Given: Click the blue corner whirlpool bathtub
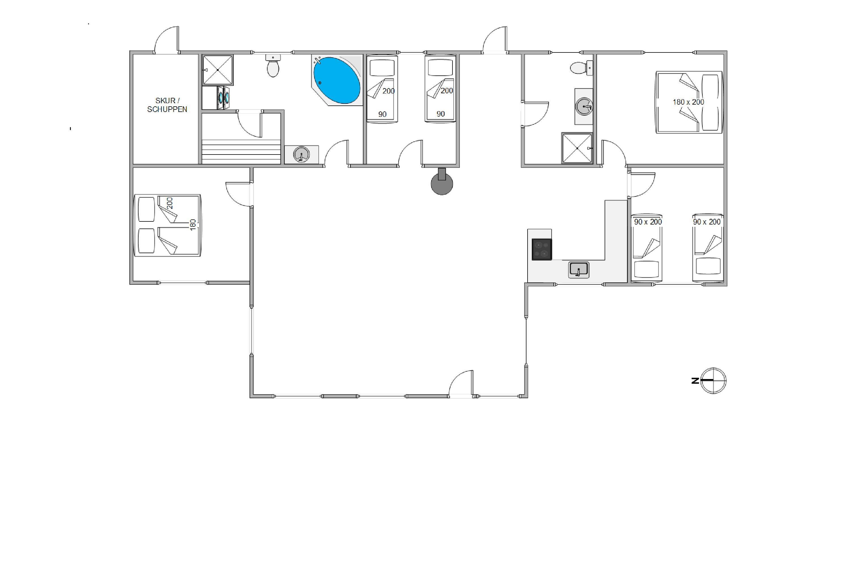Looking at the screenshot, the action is (x=337, y=80).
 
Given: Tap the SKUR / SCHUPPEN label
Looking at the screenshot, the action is (x=167, y=105).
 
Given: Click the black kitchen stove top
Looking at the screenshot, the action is (x=542, y=249).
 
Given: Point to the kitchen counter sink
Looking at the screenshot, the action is (x=579, y=270).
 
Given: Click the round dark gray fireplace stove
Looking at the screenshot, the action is (x=442, y=182).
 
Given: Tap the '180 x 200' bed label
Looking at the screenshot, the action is (x=688, y=102).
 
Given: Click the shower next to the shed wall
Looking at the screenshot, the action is (x=218, y=70).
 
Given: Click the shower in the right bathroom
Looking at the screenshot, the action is (x=577, y=148).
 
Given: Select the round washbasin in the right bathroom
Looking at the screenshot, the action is (x=584, y=107).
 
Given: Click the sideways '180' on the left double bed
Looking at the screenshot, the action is (x=193, y=224).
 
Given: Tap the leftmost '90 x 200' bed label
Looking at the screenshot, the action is (x=648, y=222).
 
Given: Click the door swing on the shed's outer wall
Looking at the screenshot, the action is (x=167, y=40).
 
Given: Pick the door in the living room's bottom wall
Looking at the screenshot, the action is (x=460, y=384).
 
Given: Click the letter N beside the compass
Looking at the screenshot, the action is (x=695, y=380).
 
